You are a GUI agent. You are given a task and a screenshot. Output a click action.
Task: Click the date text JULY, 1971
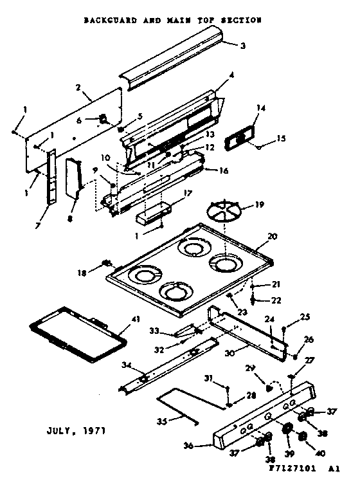(x=76, y=428)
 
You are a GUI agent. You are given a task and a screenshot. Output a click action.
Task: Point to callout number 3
(x=243, y=46)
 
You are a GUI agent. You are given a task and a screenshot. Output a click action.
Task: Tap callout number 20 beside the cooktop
(x=272, y=237)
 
